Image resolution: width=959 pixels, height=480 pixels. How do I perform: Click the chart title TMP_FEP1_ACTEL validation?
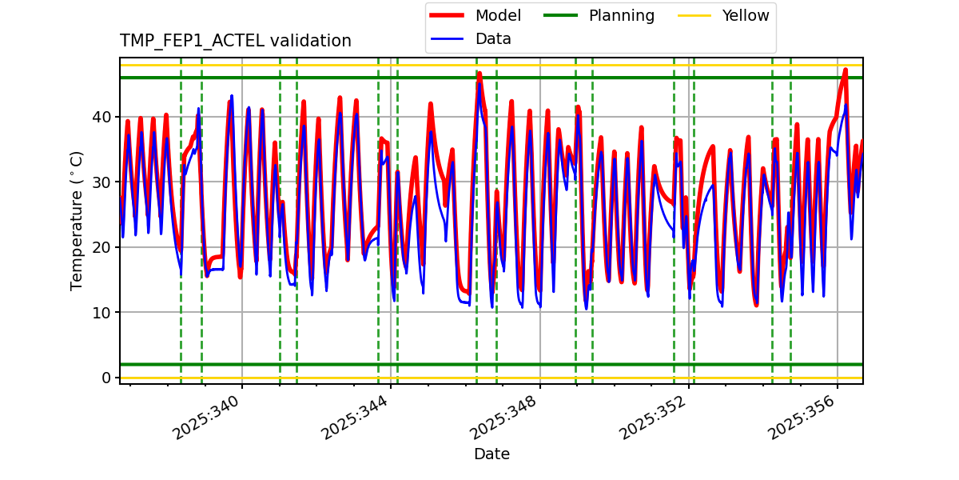click(x=235, y=41)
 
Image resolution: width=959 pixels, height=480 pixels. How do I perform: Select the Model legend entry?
click(x=498, y=16)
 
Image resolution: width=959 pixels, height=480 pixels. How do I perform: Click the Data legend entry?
click(x=493, y=39)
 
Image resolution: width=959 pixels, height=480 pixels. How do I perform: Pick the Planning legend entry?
click(x=621, y=16)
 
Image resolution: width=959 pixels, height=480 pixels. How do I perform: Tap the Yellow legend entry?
click(x=745, y=16)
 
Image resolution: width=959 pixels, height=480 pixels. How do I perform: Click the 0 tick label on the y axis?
click(x=107, y=378)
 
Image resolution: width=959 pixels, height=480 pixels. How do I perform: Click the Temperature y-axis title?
click(x=78, y=220)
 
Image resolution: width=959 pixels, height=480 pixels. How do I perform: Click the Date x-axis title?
click(x=491, y=454)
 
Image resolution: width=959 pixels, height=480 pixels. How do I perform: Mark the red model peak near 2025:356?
click(x=846, y=70)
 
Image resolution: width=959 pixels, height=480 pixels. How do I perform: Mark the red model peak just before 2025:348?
click(x=479, y=73)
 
